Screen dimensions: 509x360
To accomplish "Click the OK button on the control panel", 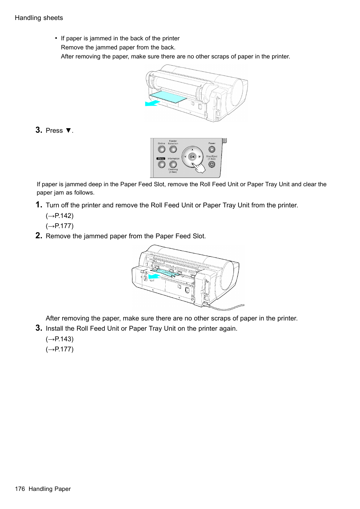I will click(x=192, y=157).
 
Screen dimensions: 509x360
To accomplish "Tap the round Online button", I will click(x=162, y=149).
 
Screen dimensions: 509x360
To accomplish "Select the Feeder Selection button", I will click(x=173, y=149).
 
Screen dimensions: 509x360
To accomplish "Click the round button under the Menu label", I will click(x=162, y=164).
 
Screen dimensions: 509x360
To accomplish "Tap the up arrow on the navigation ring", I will click(x=192, y=150).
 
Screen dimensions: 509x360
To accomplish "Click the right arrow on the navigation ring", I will click(x=200, y=156).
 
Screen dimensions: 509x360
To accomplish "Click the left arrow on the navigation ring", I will click(x=185, y=156).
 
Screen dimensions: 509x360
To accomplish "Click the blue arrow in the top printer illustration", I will click(x=152, y=103).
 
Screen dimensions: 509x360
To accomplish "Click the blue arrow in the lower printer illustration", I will click(x=154, y=277).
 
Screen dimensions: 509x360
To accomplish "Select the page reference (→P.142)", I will click(x=60, y=216).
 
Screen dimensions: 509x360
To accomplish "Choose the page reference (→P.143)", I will click(x=60, y=339).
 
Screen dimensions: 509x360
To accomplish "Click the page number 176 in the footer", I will click(x=20, y=489).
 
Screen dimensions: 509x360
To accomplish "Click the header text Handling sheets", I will click(x=39, y=18).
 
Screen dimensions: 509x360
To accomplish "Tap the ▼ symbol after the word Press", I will click(x=68, y=130).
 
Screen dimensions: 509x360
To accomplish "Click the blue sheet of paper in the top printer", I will click(x=169, y=97).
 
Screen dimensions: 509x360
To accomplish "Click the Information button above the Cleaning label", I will click(x=173, y=164).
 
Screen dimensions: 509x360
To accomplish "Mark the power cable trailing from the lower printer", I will click(x=226, y=307).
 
